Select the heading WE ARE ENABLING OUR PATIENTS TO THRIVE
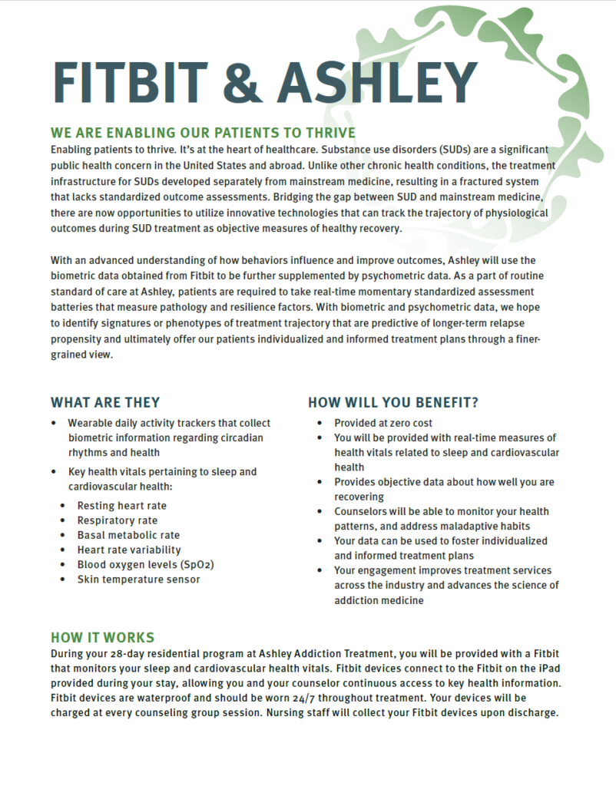click(x=203, y=133)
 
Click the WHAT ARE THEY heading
click(x=105, y=402)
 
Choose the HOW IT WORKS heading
click(x=102, y=638)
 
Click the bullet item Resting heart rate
click(x=121, y=506)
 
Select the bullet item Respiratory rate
click(x=118, y=520)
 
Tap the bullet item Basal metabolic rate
click(x=128, y=535)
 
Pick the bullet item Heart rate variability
click(x=129, y=550)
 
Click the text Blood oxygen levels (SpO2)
click(x=145, y=564)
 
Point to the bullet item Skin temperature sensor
click(x=138, y=579)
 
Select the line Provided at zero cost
click(x=383, y=423)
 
